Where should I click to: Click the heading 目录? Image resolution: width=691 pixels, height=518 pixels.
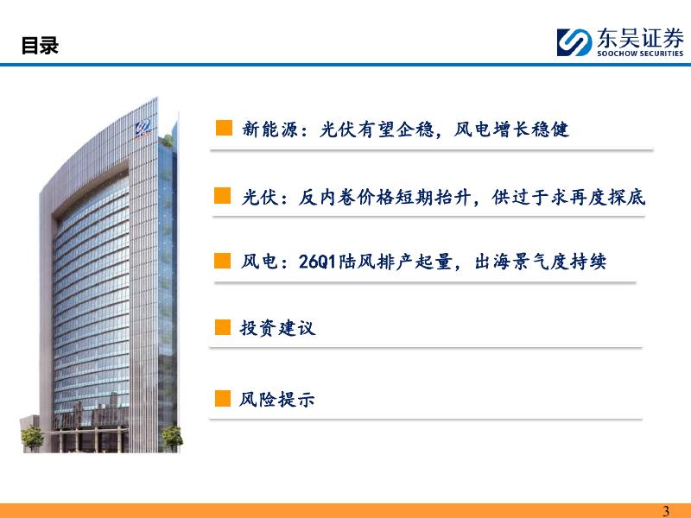[40, 46]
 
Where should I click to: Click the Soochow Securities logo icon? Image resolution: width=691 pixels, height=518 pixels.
[574, 42]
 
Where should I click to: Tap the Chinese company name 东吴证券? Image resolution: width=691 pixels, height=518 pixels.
[640, 38]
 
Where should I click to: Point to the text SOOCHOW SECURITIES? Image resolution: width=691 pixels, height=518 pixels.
[640, 54]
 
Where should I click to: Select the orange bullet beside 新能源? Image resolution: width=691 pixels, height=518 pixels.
[224, 128]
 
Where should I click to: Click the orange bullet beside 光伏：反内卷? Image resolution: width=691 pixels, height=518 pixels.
[223, 196]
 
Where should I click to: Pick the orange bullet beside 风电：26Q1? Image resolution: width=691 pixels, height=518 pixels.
[223, 261]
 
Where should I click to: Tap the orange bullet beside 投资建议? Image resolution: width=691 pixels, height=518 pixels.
[223, 327]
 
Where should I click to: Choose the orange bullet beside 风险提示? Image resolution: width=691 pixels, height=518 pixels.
[223, 398]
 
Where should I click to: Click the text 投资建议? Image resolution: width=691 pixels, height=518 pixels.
[277, 328]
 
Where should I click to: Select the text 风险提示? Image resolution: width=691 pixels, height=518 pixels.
[276, 400]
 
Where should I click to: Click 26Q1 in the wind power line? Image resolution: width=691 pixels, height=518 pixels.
[317, 262]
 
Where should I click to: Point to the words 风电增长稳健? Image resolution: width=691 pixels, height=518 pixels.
[511, 129]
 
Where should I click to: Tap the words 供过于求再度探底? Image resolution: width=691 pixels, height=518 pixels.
[568, 198]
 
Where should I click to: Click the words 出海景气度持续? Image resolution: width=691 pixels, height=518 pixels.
[541, 262]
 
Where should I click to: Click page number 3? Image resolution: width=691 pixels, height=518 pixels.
[666, 511]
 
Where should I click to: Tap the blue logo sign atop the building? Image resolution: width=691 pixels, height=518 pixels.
[143, 128]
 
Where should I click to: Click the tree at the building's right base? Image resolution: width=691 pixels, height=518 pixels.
[171, 439]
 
